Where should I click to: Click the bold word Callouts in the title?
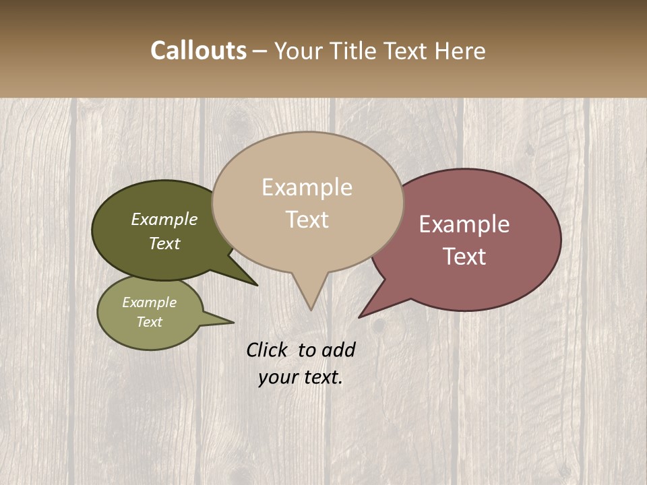coord(198,51)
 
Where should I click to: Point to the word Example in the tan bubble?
coord(307,187)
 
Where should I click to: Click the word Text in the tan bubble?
coord(307,220)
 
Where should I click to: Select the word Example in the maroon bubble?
coord(464,224)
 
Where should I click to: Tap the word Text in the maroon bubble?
coord(464,257)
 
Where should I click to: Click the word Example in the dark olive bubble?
coord(164,220)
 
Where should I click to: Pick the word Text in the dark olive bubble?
coord(164,244)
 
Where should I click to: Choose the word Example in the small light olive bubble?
coord(149,302)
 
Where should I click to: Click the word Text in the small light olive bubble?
coord(149,322)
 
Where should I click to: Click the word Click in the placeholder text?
coord(268,350)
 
